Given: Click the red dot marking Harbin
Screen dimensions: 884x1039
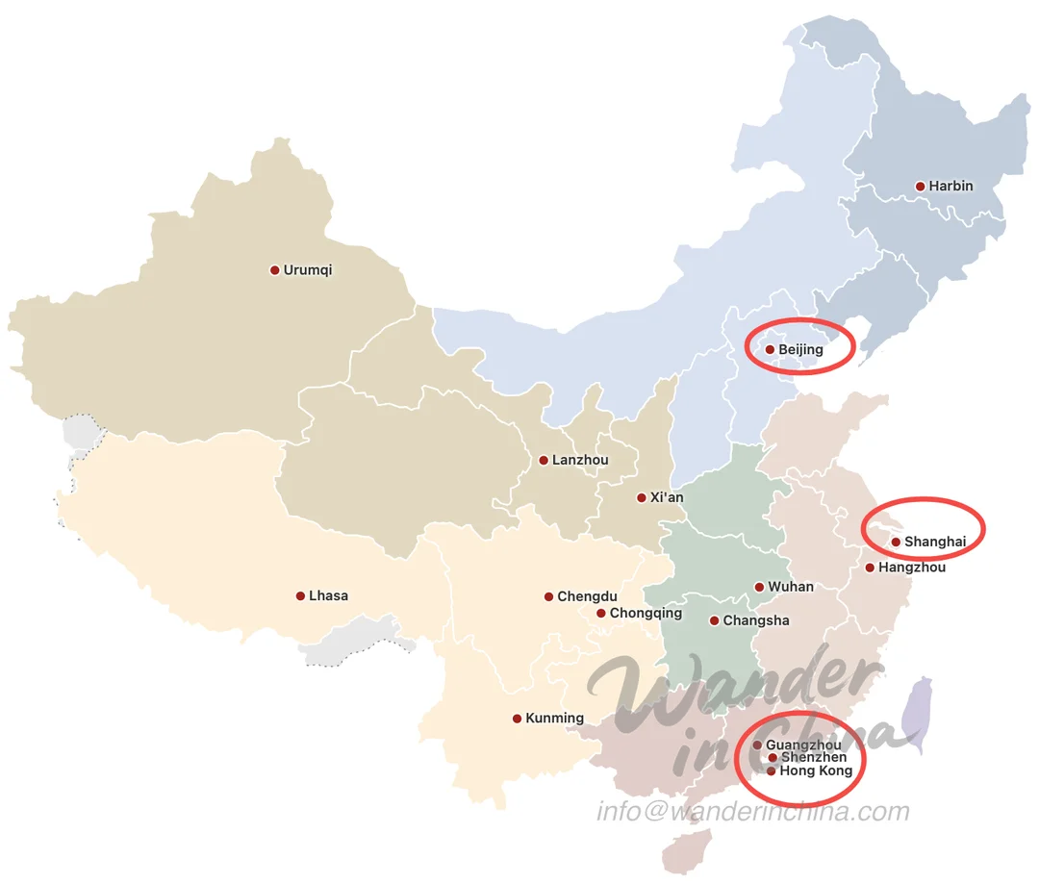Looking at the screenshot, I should (920, 187).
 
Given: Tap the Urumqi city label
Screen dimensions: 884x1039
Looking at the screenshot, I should (308, 270).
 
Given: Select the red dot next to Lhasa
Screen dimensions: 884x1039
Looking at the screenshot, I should (300, 596).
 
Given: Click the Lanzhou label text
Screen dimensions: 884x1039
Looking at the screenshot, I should (580, 461).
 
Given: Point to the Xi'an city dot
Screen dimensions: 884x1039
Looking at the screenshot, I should (641, 498).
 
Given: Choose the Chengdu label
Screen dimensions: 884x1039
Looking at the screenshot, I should (587, 597).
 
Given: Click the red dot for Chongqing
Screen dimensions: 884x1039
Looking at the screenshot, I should (600, 614).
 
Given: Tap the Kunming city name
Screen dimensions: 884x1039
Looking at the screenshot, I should (554, 719).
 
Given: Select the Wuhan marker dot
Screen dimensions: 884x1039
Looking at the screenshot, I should (759, 587).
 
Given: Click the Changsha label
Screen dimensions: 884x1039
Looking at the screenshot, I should (756, 621).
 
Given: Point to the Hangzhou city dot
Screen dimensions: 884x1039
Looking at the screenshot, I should (870, 568).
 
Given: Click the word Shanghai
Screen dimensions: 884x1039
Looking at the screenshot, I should (935, 543).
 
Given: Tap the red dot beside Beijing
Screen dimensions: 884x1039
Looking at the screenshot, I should (770, 350).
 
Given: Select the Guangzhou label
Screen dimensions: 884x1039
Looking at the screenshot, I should (803, 745).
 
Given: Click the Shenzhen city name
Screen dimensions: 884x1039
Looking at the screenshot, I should (814, 758).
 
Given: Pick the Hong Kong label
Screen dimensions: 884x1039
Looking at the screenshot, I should (816, 771).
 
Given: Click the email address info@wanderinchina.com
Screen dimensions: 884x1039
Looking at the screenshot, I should (753, 812).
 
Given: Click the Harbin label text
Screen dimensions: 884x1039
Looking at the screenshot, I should (950, 187).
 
